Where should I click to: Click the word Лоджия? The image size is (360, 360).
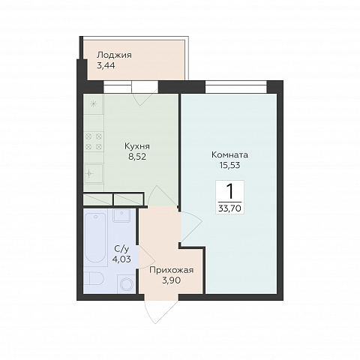[x=114, y=55]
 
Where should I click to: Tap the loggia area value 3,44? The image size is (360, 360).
[x=106, y=66]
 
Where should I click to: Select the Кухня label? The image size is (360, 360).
[x=137, y=146]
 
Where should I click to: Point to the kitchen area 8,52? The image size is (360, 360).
[x=137, y=157]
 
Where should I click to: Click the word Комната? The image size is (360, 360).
[x=229, y=155]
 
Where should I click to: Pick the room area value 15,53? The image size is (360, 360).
[x=229, y=165]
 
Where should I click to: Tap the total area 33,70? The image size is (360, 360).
[x=229, y=208]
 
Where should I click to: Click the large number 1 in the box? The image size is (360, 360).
[x=229, y=191]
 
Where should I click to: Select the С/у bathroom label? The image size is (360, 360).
[x=121, y=249]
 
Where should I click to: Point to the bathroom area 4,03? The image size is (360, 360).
[x=121, y=259]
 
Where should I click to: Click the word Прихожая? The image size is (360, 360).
[x=172, y=271]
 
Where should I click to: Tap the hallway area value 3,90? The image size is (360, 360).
[x=172, y=280]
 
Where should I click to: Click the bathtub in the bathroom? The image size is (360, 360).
[x=95, y=238]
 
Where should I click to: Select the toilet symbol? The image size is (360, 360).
[x=94, y=278]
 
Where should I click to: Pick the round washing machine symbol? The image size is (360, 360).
[x=127, y=284]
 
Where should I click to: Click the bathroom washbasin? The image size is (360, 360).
[x=121, y=215]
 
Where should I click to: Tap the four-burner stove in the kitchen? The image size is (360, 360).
[x=94, y=142]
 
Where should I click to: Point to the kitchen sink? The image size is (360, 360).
[x=94, y=174]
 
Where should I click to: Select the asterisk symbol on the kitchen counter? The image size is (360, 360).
[x=93, y=104]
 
